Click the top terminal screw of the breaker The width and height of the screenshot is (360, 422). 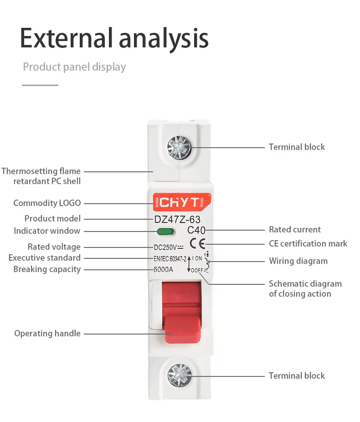[179, 148]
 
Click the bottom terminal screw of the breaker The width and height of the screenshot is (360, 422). [180, 376]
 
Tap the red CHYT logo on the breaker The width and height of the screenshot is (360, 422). [182, 202]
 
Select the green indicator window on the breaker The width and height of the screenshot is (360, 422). [165, 232]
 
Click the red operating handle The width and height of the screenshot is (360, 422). [182, 312]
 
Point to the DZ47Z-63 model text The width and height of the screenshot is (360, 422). [177, 220]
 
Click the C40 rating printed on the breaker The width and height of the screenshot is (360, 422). [196, 230]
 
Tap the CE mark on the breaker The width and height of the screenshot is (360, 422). [197, 243]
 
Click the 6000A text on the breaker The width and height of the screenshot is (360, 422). [163, 269]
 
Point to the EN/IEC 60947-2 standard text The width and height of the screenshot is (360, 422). [170, 259]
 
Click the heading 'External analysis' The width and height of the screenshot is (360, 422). [114, 38]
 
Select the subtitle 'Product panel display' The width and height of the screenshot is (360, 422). [74, 67]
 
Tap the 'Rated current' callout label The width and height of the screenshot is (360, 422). [295, 229]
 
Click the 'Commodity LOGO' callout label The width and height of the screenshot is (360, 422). [47, 203]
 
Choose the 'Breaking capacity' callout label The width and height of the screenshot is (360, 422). [47, 269]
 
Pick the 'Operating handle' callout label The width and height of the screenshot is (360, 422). [47, 334]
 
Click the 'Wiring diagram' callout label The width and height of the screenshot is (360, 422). [298, 261]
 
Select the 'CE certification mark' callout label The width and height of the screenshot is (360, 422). [308, 243]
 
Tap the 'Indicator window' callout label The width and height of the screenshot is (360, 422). [47, 231]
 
